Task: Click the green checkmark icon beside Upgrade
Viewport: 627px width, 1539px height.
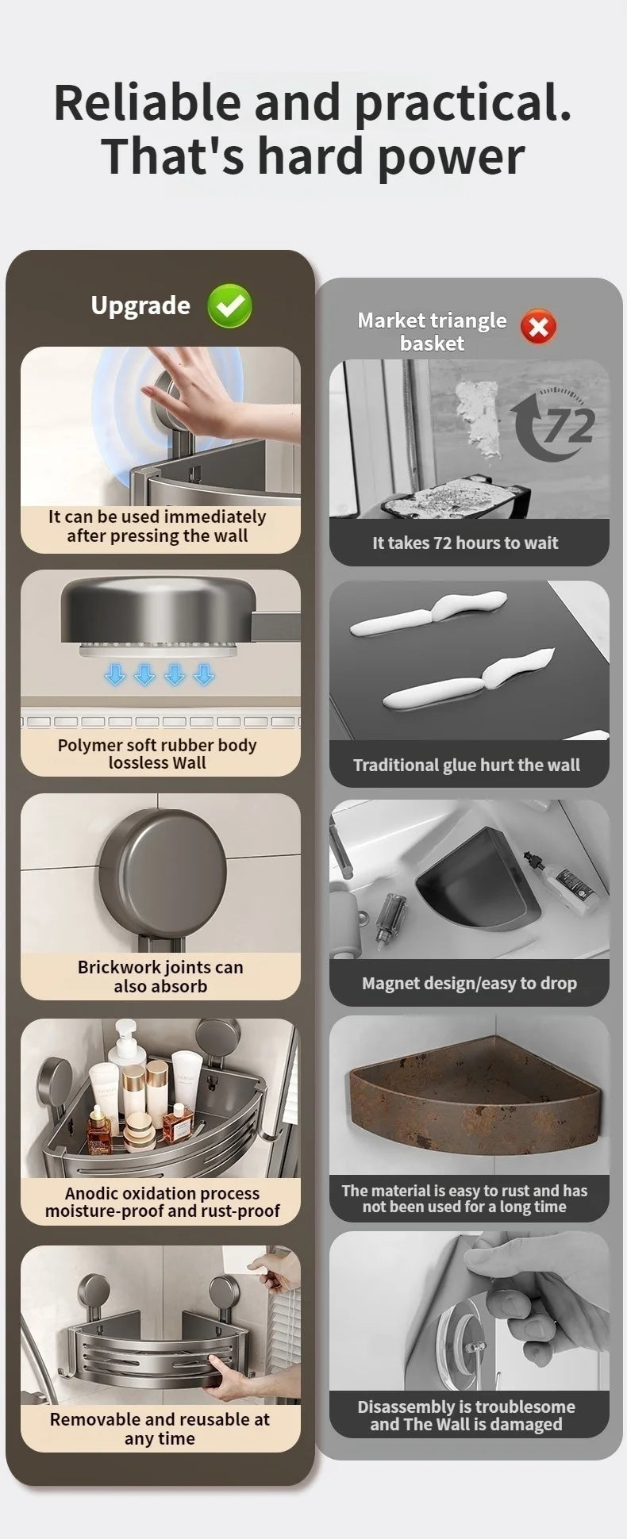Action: click(x=229, y=307)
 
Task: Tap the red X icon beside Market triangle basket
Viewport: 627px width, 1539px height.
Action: click(x=538, y=327)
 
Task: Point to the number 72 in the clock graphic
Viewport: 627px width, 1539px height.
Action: click(x=568, y=426)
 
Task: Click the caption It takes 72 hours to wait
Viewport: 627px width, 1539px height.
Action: click(x=465, y=543)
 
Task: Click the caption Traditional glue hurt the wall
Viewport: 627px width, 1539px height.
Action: click(x=467, y=766)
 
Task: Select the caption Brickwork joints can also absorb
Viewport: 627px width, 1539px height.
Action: click(x=160, y=977)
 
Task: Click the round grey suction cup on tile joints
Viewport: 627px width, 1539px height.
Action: click(x=162, y=873)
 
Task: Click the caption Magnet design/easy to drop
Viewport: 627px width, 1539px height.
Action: click(x=469, y=984)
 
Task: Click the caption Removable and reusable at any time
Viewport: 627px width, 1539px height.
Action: click(x=160, y=1429)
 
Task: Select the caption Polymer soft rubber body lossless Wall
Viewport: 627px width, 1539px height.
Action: click(x=157, y=754)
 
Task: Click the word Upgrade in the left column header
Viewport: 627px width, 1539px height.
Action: click(x=140, y=306)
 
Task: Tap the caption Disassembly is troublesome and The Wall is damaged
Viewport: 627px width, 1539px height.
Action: click(x=466, y=1415)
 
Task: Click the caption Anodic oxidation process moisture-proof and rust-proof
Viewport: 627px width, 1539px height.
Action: click(x=162, y=1202)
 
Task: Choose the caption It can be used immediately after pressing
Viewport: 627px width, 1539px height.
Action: click(x=157, y=526)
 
